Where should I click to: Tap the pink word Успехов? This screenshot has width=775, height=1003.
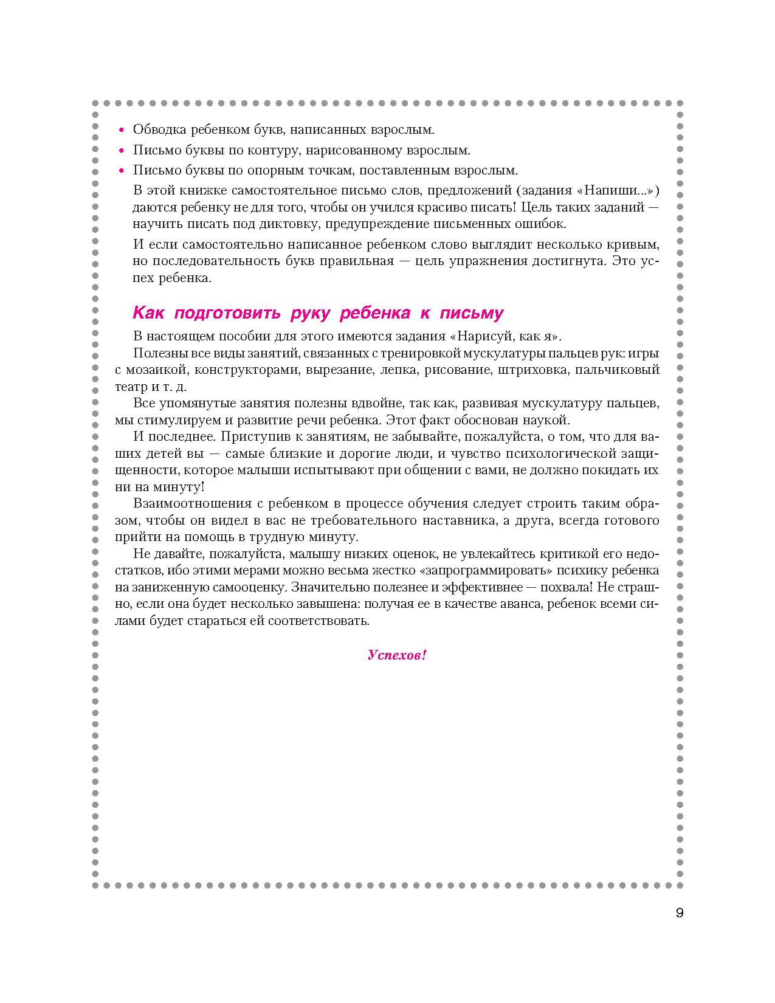pos(397,655)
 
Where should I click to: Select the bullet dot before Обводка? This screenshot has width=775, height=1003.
pos(122,130)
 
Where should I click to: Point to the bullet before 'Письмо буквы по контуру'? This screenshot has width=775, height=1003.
pos(122,151)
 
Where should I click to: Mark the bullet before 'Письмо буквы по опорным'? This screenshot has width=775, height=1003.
pos(122,171)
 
